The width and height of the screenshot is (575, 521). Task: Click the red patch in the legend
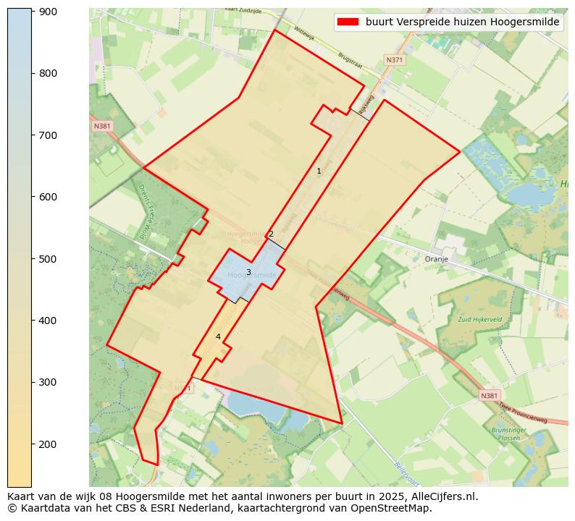coord(348,22)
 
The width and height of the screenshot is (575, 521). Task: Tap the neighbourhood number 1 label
coord(319,171)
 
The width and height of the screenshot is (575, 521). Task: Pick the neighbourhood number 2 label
coord(271,234)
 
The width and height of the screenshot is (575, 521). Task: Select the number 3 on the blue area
coord(248,273)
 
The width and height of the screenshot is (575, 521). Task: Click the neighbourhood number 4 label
coord(218,336)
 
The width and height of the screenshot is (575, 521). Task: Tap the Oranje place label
coord(437,258)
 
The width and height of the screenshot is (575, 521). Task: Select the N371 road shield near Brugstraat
coord(395,60)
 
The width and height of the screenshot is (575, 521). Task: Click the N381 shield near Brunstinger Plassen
coord(490,396)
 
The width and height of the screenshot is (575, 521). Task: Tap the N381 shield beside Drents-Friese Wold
coord(102,126)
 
